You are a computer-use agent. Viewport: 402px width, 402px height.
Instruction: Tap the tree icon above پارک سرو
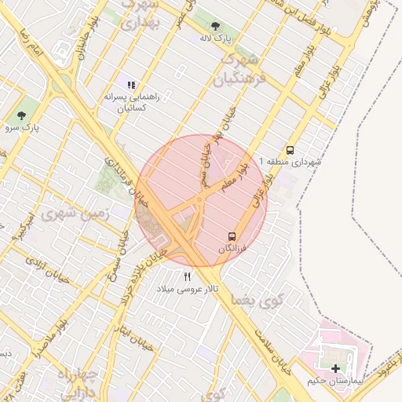(20, 115)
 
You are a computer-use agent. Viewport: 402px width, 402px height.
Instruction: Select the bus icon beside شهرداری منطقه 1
(291, 150)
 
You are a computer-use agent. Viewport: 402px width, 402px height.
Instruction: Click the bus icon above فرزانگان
(232, 236)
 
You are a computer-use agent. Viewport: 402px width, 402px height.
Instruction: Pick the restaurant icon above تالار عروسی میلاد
(187, 276)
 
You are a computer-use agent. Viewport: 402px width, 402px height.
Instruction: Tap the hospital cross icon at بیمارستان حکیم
(336, 368)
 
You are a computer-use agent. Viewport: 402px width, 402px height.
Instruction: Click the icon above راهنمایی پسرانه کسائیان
(131, 85)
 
